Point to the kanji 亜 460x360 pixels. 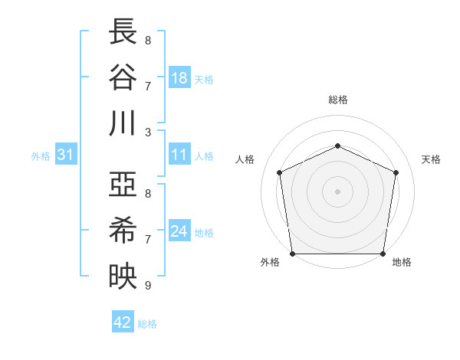pos(123,186)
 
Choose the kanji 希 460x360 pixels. pos(123,231)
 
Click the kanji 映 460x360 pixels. pos(123,276)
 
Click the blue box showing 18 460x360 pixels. pos(179,77)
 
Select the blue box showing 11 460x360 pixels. pos(179,155)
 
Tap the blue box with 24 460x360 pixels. pos(179,231)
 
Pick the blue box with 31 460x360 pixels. pos(65,155)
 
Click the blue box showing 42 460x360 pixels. pos(122,322)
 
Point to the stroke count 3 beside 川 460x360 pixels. pos(147,132)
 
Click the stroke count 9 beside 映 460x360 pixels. pos(147,286)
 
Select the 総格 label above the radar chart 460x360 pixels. pos(337,100)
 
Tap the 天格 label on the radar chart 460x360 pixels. pos(431,159)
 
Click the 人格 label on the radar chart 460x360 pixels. pos(245,159)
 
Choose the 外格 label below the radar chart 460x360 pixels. pos(270,263)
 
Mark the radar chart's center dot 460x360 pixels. pos(337,191)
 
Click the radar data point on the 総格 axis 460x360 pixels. pos(337,146)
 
